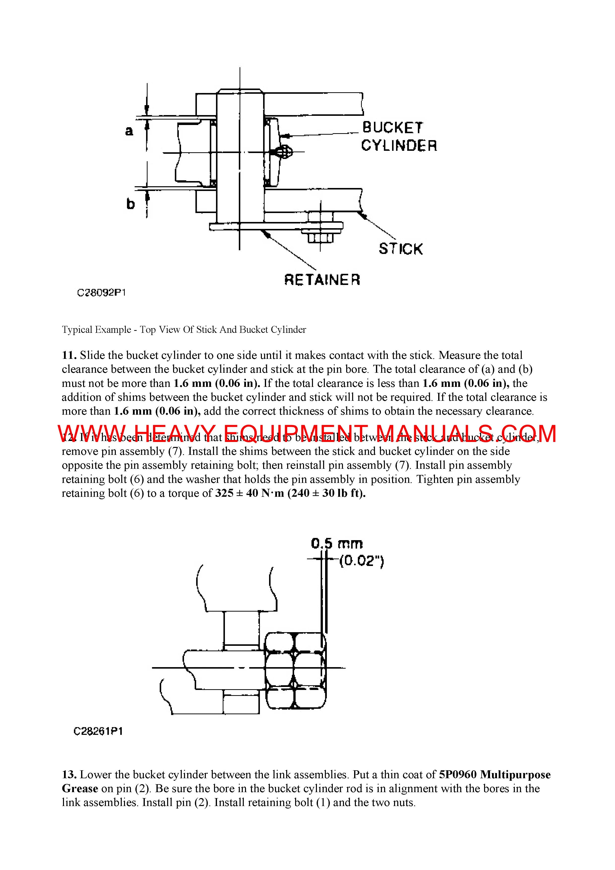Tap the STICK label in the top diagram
coord(400,249)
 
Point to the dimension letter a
coord(129,131)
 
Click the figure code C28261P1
coord(98,731)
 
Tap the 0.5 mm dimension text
coord(337,544)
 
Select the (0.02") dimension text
coord(361,561)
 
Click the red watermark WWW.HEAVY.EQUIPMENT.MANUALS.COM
coord(307,434)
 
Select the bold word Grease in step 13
coord(80,789)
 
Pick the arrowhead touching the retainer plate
coord(268,235)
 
